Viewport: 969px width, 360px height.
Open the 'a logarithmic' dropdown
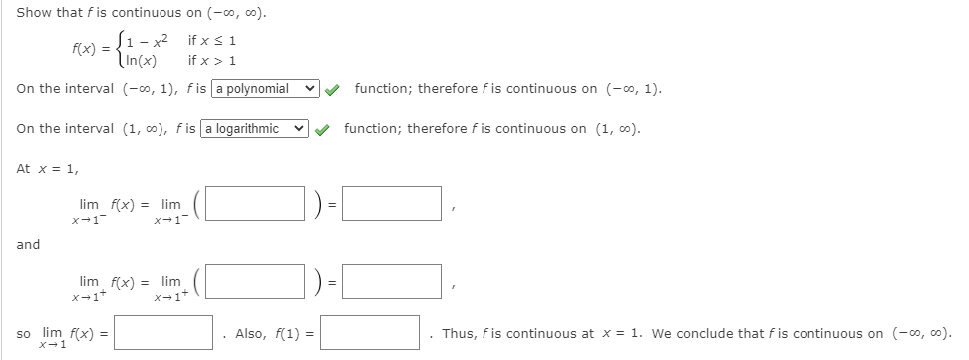click(256, 129)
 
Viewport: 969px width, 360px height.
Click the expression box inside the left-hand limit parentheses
click(255, 204)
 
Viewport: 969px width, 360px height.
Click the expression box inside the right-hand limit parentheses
click(255, 281)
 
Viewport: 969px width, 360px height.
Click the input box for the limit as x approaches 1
click(162, 332)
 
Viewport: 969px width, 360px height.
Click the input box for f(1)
click(370, 332)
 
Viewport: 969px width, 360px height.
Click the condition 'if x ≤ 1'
click(212, 39)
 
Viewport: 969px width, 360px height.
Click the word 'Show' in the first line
click(34, 13)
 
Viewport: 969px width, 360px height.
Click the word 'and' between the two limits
click(28, 244)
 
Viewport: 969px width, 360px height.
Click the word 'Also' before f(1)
click(250, 333)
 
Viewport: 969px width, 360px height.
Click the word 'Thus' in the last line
click(459, 333)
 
